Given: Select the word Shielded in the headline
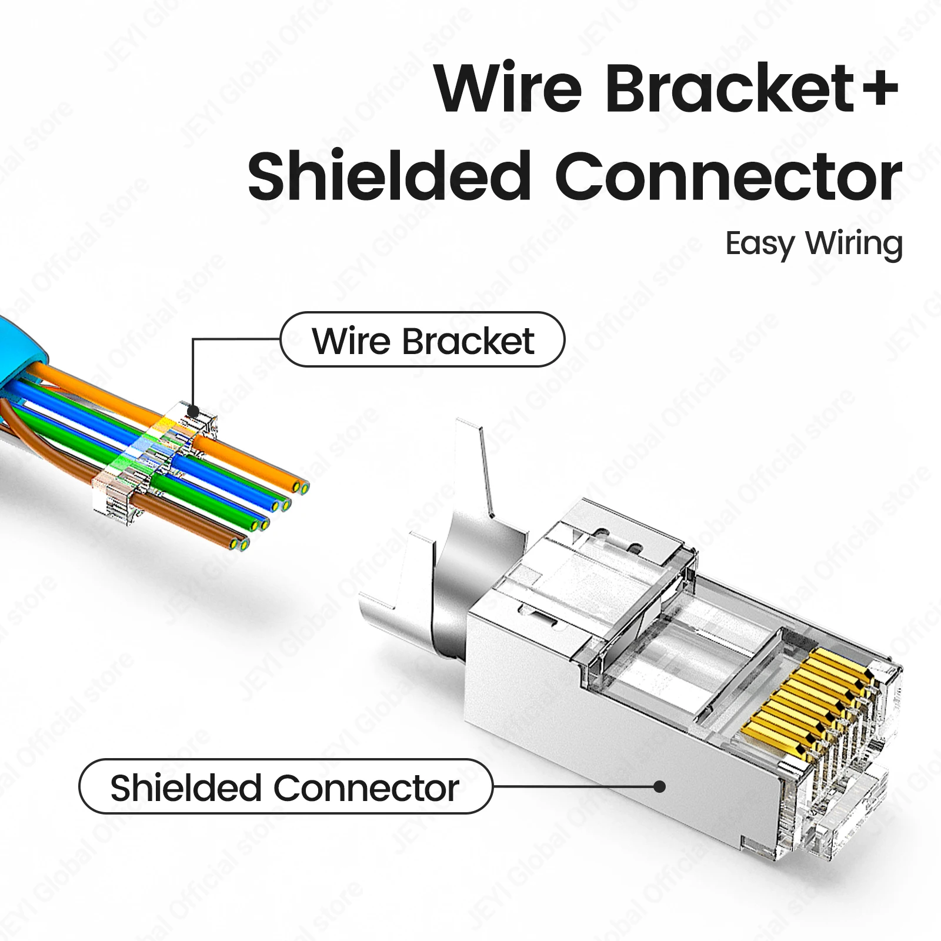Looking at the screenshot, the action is [389, 176].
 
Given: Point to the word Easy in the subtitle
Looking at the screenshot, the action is [759, 244].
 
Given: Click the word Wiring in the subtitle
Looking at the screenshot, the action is [854, 244].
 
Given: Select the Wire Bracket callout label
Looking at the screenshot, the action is [423, 340].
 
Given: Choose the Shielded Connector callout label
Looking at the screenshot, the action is [285, 787].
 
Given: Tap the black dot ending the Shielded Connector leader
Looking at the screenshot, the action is [660, 786].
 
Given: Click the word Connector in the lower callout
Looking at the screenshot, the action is [367, 788].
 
